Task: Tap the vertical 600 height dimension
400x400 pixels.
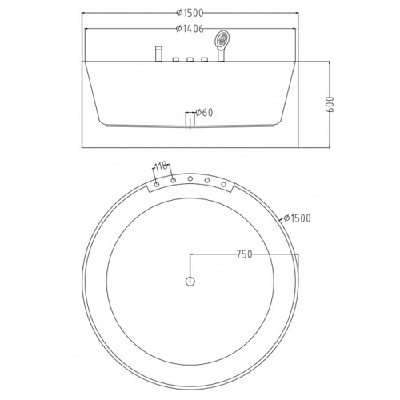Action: point(330,102)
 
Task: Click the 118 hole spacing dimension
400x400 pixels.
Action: point(160,166)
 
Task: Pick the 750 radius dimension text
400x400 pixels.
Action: point(244,255)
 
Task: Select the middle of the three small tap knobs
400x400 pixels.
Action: point(190,60)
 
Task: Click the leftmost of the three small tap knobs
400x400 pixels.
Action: point(176,60)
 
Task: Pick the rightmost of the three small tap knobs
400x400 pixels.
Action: point(205,60)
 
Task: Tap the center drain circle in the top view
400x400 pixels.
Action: point(190,281)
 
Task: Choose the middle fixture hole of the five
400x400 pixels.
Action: point(190,179)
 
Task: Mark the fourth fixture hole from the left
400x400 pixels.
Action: point(207,181)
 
